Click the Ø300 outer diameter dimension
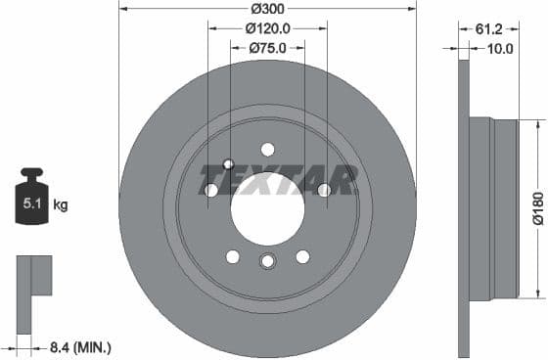pyautogui.click(x=267, y=9)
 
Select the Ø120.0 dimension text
pyautogui.click(x=267, y=28)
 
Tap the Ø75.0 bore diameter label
pyautogui.click(x=267, y=47)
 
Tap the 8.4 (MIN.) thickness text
pyautogui.click(x=80, y=346)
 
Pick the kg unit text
pyautogui.click(x=61, y=205)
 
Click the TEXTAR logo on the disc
pyautogui.click(x=278, y=180)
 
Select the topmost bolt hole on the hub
pyautogui.click(x=267, y=150)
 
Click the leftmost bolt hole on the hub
pyautogui.click(x=210, y=190)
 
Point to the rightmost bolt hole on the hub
pyautogui.click(x=324, y=190)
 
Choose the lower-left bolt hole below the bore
pyautogui.click(x=233, y=256)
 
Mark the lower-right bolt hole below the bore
pyautogui.click(x=302, y=256)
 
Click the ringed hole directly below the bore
pyautogui.click(x=267, y=261)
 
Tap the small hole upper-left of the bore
pyautogui.click(x=228, y=163)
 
